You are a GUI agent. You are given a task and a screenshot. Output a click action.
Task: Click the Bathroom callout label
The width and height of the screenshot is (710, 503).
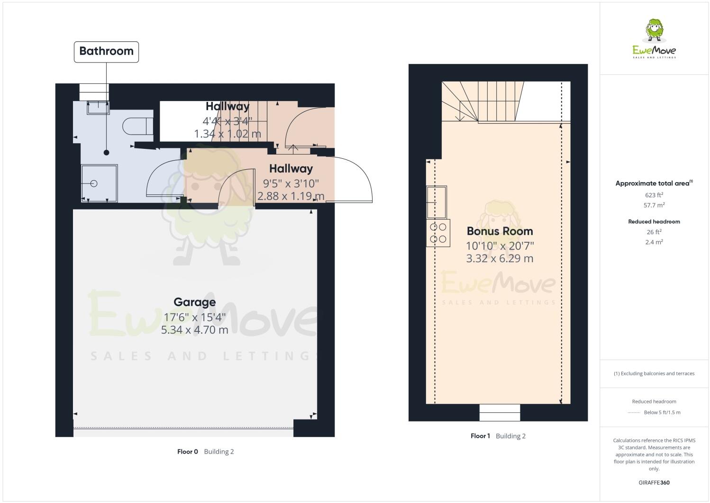click(x=106, y=51)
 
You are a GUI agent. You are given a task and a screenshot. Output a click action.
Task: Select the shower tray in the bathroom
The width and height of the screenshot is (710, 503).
click(x=99, y=183)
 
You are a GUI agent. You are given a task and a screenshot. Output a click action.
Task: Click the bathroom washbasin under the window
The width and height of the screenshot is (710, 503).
click(x=98, y=108)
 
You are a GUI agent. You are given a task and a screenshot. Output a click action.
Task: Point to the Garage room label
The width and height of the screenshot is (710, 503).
click(x=194, y=302)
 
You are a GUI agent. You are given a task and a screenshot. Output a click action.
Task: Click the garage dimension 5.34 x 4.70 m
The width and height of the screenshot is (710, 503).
click(x=194, y=329)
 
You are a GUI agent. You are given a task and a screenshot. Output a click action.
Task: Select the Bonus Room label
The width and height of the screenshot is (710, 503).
click(x=500, y=231)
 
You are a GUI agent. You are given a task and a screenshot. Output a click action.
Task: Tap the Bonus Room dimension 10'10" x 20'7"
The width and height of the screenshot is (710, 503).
click(x=500, y=246)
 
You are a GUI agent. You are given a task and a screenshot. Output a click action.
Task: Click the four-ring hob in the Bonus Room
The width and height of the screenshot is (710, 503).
click(x=438, y=233)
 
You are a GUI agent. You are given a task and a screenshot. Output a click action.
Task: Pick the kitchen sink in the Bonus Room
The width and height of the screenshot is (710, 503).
click(x=437, y=201)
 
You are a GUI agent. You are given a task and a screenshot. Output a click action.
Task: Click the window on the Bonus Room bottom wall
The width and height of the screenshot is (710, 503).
click(x=500, y=412)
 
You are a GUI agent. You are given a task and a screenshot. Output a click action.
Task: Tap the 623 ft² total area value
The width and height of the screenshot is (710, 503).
click(x=654, y=195)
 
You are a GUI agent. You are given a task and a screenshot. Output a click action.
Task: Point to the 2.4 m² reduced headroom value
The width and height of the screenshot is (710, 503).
click(x=654, y=242)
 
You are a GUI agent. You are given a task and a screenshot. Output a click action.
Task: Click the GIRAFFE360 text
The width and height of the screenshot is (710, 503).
click(x=654, y=483)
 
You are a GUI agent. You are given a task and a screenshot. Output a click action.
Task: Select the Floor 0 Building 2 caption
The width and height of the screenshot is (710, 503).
click(x=205, y=451)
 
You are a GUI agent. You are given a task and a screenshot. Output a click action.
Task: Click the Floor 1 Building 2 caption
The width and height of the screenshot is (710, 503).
click(x=498, y=436)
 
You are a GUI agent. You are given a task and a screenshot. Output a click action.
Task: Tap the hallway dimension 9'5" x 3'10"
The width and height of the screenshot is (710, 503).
click(x=291, y=183)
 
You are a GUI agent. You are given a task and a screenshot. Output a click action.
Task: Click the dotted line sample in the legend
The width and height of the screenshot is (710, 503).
click(x=634, y=412)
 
